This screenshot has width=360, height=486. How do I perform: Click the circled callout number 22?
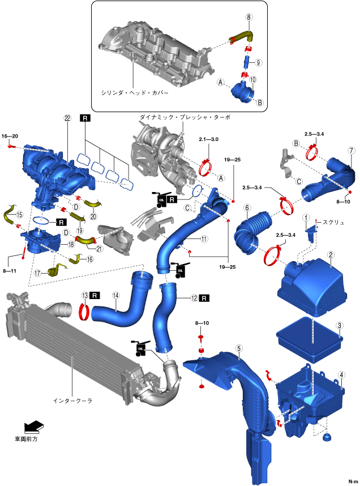[67, 118]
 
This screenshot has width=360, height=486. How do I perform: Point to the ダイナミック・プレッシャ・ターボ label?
[185, 117]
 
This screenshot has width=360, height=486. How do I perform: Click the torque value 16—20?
[10, 137]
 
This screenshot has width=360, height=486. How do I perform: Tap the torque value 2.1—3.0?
[208, 139]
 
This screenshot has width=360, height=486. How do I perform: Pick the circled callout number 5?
[239, 349]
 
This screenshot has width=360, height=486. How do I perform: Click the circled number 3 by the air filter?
[339, 326]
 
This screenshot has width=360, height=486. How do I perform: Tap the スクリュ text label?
[333, 223]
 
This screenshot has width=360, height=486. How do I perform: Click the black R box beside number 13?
[95, 295]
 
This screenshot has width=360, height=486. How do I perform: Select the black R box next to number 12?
[205, 297]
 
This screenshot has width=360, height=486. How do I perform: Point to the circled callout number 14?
[115, 295]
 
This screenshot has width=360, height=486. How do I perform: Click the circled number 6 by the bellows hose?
[247, 208]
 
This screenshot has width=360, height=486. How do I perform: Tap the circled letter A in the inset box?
[221, 82]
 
